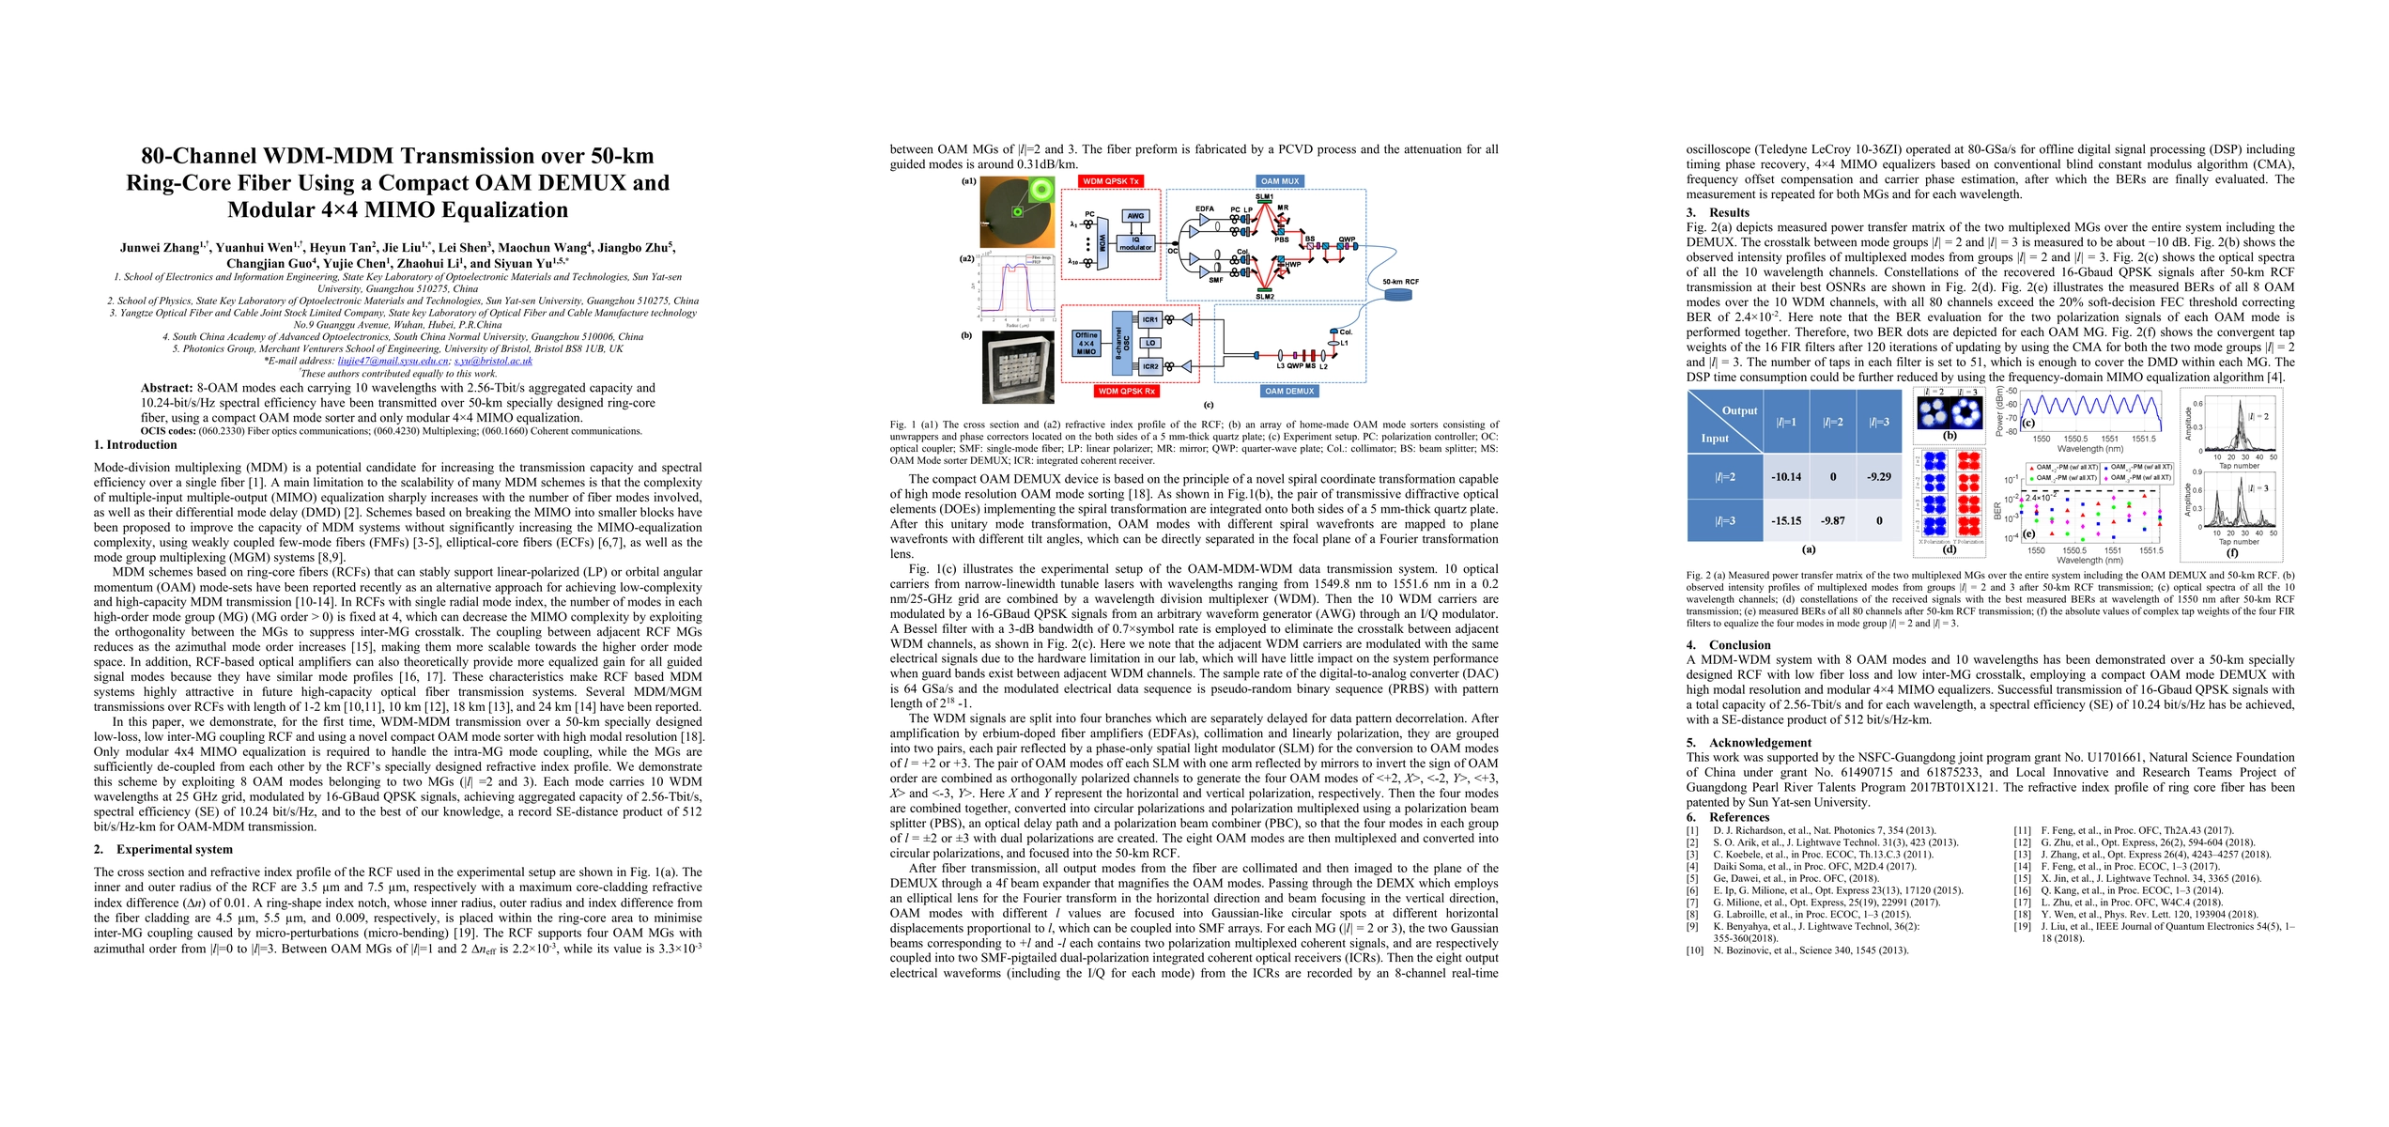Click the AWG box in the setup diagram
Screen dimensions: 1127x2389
pos(1135,216)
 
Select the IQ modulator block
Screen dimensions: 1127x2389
pos(1135,243)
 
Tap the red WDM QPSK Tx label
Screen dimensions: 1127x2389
pos(1111,181)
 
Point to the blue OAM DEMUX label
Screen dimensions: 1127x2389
pos(1288,391)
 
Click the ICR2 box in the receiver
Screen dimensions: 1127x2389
pos(1150,366)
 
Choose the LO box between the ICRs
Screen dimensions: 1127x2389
pos(1150,343)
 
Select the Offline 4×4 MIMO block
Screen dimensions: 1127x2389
pos(1087,343)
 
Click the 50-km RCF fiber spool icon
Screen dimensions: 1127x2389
pos(1398,296)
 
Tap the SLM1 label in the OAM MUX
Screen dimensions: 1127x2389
pos(1265,197)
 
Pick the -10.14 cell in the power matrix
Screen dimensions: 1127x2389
pos(1785,477)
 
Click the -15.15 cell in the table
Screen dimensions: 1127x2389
pos(1785,520)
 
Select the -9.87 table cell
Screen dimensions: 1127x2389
pos(1832,520)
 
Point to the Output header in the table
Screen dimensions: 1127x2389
pos(1739,410)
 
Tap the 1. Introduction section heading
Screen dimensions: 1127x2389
pos(135,445)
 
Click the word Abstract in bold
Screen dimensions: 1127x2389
pos(167,388)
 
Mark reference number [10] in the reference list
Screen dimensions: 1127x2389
pos(1693,950)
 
